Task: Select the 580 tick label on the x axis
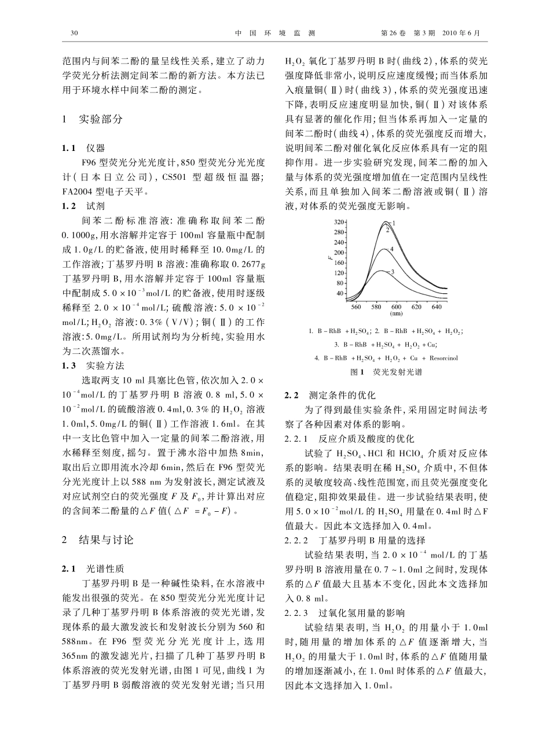[x=376, y=306]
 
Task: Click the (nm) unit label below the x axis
[x=397, y=314]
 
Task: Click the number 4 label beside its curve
[x=392, y=248]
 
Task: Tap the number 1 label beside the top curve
[x=393, y=223]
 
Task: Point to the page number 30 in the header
[x=74, y=33]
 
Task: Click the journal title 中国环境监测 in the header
[x=274, y=33]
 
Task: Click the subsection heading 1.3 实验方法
[x=93, y=365]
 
